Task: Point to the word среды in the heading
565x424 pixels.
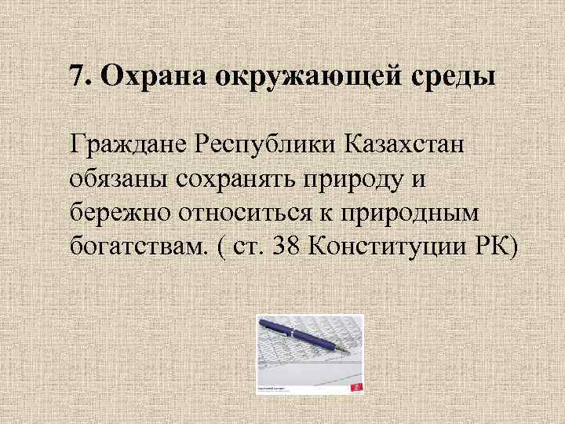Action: coord(452,76)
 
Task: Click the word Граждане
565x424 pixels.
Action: coord(118,144)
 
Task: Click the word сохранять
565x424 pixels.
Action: coord(239,180)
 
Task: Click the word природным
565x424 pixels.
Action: coord(402,214)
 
